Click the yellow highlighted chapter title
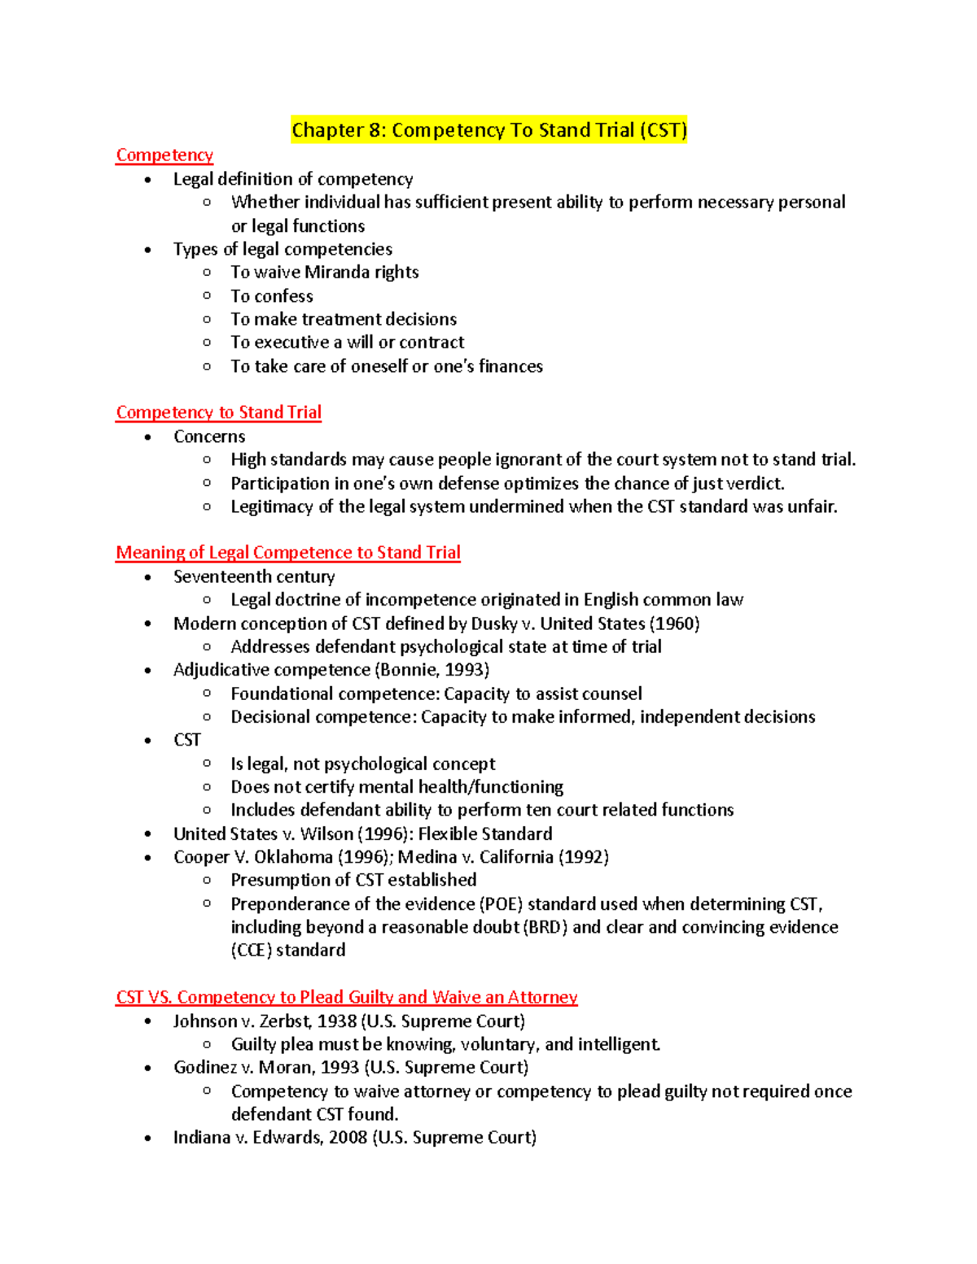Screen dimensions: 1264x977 click(x=488, y=130)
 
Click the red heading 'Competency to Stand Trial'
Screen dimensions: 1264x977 click(x=218, y=413)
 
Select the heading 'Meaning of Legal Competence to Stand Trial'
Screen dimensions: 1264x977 click(x=287, y=553)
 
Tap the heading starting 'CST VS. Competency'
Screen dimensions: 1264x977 click(x=346, y=997)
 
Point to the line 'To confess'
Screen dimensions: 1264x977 click(x=271, y=296)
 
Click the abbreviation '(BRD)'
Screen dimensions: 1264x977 click(x=544, y=928)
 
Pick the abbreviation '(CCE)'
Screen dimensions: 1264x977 click(x=251, y=951)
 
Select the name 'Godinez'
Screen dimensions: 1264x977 click(x=205, y=1068)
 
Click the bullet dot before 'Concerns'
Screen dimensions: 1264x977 click(x=147, y=437)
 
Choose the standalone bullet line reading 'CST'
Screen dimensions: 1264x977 click(x=186, y=741)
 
